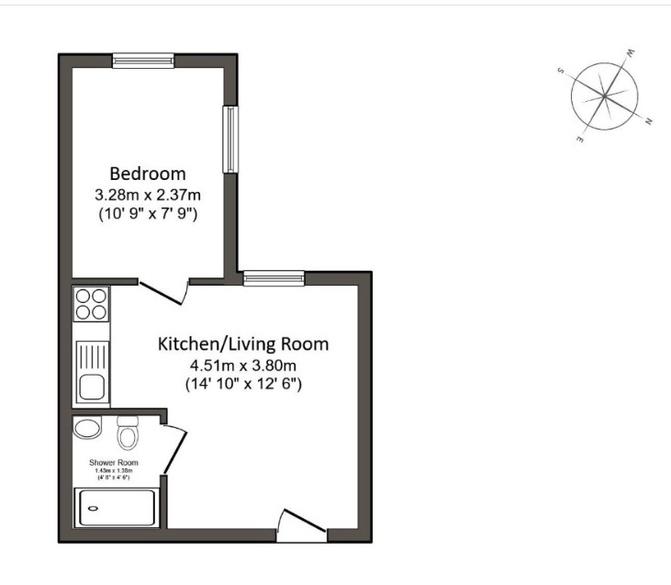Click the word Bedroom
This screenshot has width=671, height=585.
click(x=148, y=173)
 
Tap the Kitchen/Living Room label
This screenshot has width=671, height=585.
click(x=243, y=344)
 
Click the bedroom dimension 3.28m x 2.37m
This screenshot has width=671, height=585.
click(x=148, y=195)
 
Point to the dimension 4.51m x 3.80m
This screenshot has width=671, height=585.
click(x=243, y=365)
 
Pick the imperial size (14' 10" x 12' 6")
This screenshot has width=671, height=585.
click(x=243, y=383)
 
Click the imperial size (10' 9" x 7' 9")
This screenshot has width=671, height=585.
click(x=148, y=214)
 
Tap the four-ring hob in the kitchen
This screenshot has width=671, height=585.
click(x=92, y=303)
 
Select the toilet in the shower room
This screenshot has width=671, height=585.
click(x=128, y=431)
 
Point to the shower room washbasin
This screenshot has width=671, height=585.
click(x=88, y=429)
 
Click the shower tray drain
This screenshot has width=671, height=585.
click(x=93, y=508)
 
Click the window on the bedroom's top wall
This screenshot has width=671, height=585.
click(x=143, y=61)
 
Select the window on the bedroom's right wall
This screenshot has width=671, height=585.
click(x=229, y=139)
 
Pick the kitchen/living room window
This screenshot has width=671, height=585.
click(x=274, y=277)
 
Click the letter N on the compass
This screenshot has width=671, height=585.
click(x=649, y=122)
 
